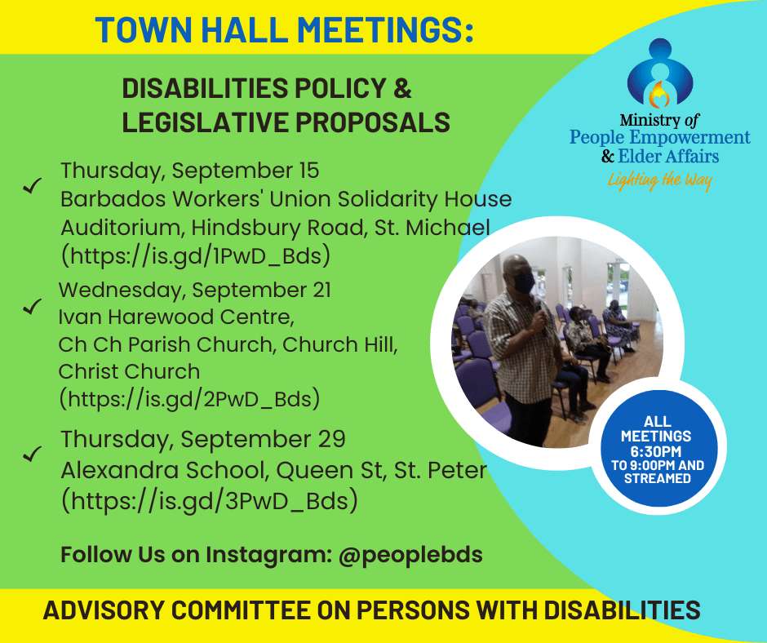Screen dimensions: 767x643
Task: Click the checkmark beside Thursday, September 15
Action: (33, 185)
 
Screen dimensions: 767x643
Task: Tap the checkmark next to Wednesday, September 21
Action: (33, 306)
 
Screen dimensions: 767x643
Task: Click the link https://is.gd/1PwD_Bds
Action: (196, 255)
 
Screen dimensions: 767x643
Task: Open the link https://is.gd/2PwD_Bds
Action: (189, 399)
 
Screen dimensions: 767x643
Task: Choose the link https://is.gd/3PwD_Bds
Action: (210, 500)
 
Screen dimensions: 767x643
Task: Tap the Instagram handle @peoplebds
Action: (410, 555)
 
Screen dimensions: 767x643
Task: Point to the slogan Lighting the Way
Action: (659, 181)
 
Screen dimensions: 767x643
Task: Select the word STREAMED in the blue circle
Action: (657, 477)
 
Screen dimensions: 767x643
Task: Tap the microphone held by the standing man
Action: (539, 312)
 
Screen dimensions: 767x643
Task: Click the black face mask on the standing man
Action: (522, 282)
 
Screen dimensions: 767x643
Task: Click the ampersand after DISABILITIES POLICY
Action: (401, 89)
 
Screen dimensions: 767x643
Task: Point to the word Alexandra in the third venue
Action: (115, 470)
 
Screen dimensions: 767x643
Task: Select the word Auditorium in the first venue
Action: (122, 228)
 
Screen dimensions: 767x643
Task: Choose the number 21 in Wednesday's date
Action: (321, 290)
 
